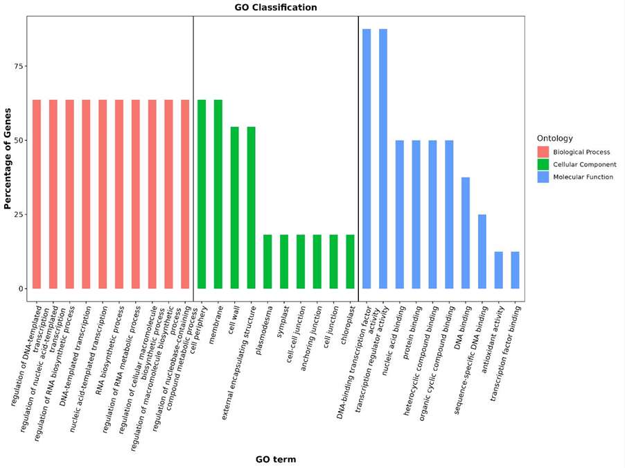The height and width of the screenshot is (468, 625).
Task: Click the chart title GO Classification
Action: point(275,8)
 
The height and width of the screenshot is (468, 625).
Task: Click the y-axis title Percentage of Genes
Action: point(9,158)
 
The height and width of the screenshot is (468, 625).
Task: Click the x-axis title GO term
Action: point(275,459)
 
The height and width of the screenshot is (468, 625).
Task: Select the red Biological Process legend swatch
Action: point(543,152)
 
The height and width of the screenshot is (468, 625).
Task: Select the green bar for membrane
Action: point(218,194)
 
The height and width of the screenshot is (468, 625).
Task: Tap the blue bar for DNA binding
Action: point(466,233)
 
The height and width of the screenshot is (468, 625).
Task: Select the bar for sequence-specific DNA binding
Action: point(482,251)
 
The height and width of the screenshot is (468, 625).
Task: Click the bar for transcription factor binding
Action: point(515,270)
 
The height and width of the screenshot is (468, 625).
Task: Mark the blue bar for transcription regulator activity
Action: point(383,159)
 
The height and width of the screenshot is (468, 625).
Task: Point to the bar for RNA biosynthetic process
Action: point(119,194)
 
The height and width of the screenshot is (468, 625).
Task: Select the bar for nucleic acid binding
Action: point(400,214)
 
